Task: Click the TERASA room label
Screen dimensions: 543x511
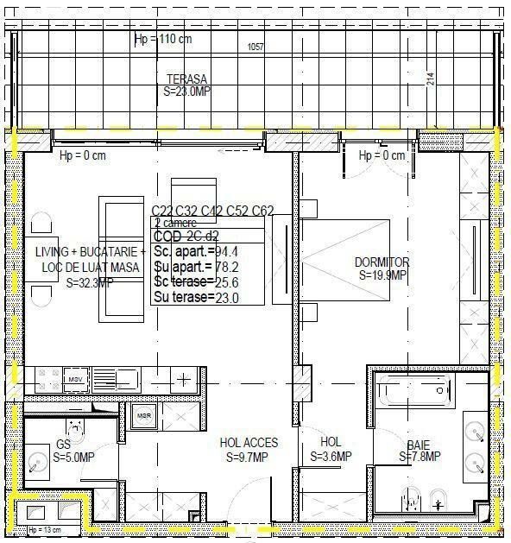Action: [186, 79]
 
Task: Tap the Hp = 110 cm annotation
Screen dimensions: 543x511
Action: [163, 41]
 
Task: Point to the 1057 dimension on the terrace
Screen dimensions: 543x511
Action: [256, 47]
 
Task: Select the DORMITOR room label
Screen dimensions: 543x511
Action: [382, 262]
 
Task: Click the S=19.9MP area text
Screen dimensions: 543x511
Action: [382, 275]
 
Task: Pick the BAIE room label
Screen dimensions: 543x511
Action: [420, 444]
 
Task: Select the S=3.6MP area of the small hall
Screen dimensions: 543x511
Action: [331, 457]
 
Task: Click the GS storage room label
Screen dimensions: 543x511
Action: [63, 445]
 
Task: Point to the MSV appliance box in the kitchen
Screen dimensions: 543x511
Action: [75, 379]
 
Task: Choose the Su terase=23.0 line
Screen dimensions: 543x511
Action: [196, 298]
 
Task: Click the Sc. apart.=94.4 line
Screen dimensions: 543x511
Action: [196, 251]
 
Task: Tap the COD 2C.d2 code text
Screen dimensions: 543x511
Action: [186, 236]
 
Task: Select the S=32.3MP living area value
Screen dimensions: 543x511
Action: [90, 282]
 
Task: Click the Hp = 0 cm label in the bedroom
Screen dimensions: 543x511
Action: [382, 155]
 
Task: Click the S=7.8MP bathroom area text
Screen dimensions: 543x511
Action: [420, 457]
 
